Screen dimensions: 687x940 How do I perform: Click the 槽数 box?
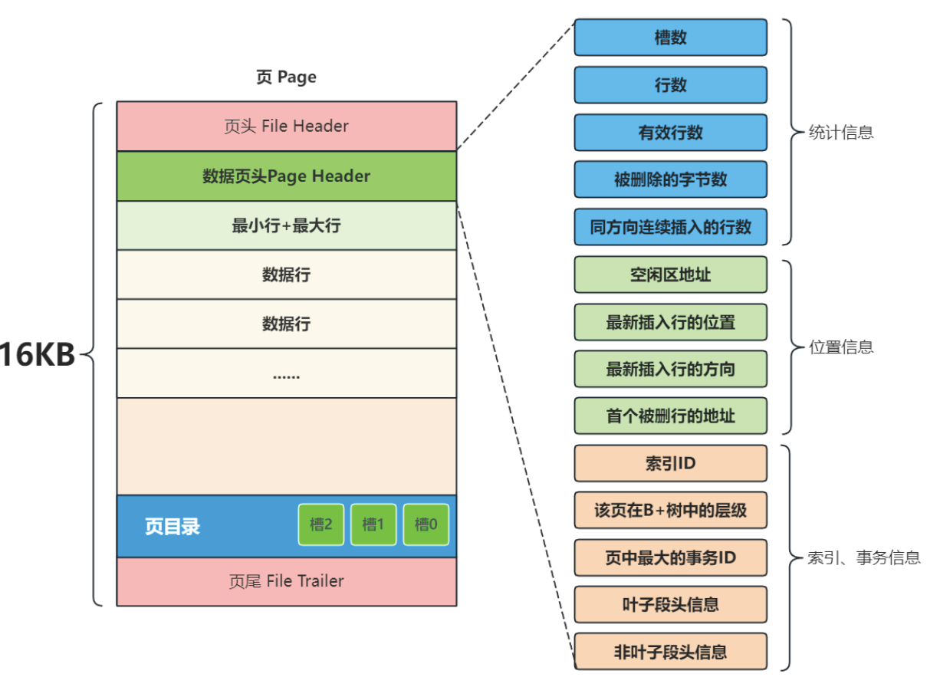tap(670, 38)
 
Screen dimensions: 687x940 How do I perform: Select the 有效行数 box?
tap(670, 133)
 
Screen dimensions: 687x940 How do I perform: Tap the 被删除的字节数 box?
tap(670, 180)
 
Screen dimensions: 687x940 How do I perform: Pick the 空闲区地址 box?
tap(670, 274)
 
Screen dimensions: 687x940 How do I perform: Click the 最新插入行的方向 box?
tap(670, 369)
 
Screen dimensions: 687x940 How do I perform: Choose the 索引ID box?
tap(670, 463)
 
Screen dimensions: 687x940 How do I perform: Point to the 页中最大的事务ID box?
tap(670, 557)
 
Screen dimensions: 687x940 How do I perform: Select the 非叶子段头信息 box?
tap(670, 652)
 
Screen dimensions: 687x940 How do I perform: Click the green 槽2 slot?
tap(320, 525)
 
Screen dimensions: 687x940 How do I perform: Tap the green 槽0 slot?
tap(426, 525)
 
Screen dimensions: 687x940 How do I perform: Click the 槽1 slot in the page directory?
tap(373, 525)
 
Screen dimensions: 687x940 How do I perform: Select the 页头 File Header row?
tap(286, 127)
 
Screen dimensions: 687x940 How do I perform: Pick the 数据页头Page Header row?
tap(286, 176)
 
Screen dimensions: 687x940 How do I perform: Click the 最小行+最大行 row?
tap(286, 225)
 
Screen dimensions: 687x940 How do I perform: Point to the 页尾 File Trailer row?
tap(286, 581)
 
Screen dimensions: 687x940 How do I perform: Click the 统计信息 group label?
tap(841, 133)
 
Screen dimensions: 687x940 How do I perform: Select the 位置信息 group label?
tap(841, 347)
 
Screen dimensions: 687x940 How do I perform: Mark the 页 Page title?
tap(286, 77)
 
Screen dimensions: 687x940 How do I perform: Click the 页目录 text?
tap(173, 527)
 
